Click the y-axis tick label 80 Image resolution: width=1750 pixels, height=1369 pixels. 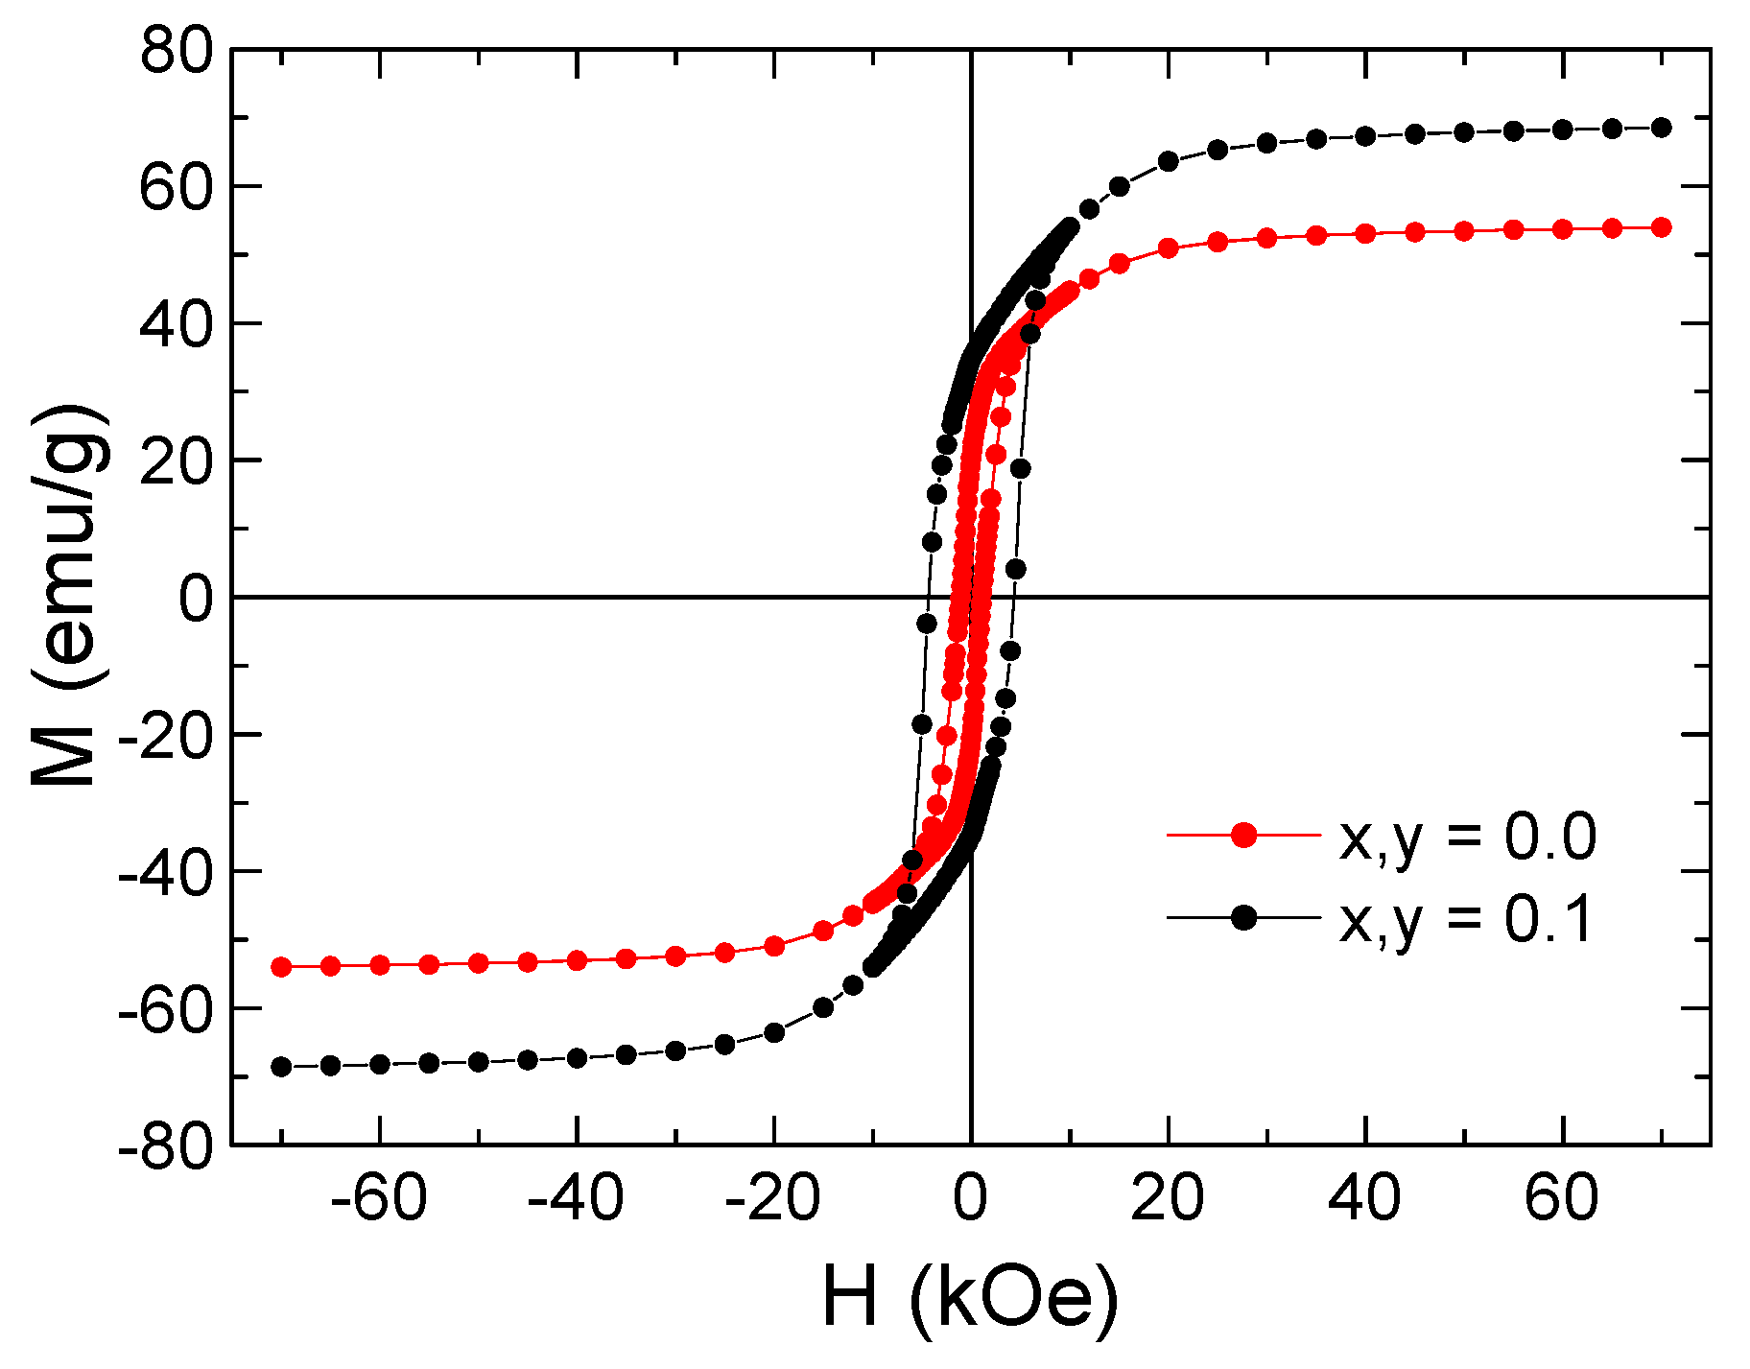pos(176,50)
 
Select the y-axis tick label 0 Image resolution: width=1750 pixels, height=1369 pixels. pos(196,599)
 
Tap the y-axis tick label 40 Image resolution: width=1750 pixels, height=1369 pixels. pos(176,324)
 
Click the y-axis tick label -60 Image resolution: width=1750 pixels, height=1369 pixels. pos(165,1009)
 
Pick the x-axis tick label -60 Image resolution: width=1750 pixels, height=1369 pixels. pos(379,1199)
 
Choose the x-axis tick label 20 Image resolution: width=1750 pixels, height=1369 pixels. pos(1168,1199)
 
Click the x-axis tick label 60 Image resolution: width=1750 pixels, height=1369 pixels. pos(1562,1199)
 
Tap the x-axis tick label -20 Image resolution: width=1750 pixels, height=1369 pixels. pos(773,1199)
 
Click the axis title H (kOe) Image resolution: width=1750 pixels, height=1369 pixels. pos(970,1299)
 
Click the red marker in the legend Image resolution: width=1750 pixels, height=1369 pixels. pos(1243,836)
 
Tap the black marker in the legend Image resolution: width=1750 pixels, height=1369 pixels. pos(1243,918)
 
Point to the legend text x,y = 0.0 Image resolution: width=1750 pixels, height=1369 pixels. pos(1468,838)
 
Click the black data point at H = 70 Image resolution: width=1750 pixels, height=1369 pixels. pos(1662,128)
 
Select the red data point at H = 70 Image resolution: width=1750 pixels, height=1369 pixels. pos(1662,227)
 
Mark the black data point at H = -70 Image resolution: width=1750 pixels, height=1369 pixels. pos(281,1067)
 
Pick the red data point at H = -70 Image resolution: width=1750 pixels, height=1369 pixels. pos(281,967)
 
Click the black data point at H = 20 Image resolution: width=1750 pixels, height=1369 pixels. pos(1169,161)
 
